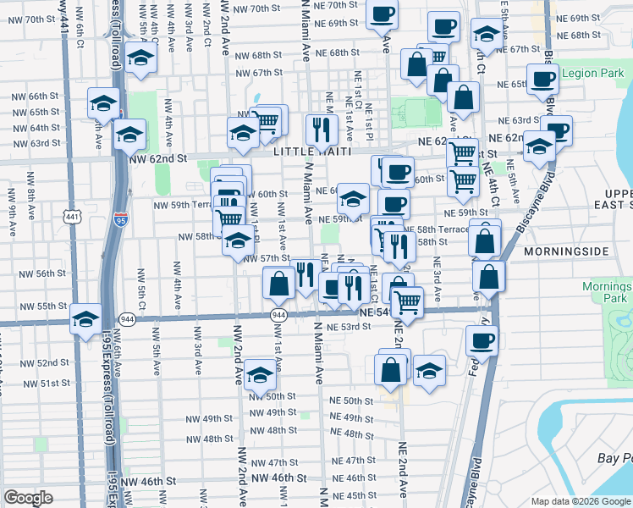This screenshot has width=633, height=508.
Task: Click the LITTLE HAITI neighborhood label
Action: pyautogui.click(x=305, y=150)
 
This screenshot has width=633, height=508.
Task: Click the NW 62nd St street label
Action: pyautogui.click(x=157, y=158)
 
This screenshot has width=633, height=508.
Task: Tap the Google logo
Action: pyautogui.click(x=28, y=497)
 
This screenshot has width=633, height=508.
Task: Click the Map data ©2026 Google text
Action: pyautogui.click(x=580, y=501)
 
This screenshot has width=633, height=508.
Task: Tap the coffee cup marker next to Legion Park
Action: pyautogui.click(x=542, y=79)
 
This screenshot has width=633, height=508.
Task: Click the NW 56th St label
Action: pyautogui.click(x=45, y=273)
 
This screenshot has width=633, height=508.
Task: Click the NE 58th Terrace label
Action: pyautogui.click(x=436, y=229)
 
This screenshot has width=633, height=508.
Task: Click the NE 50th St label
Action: pyautogui.click(x=351, y=400)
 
